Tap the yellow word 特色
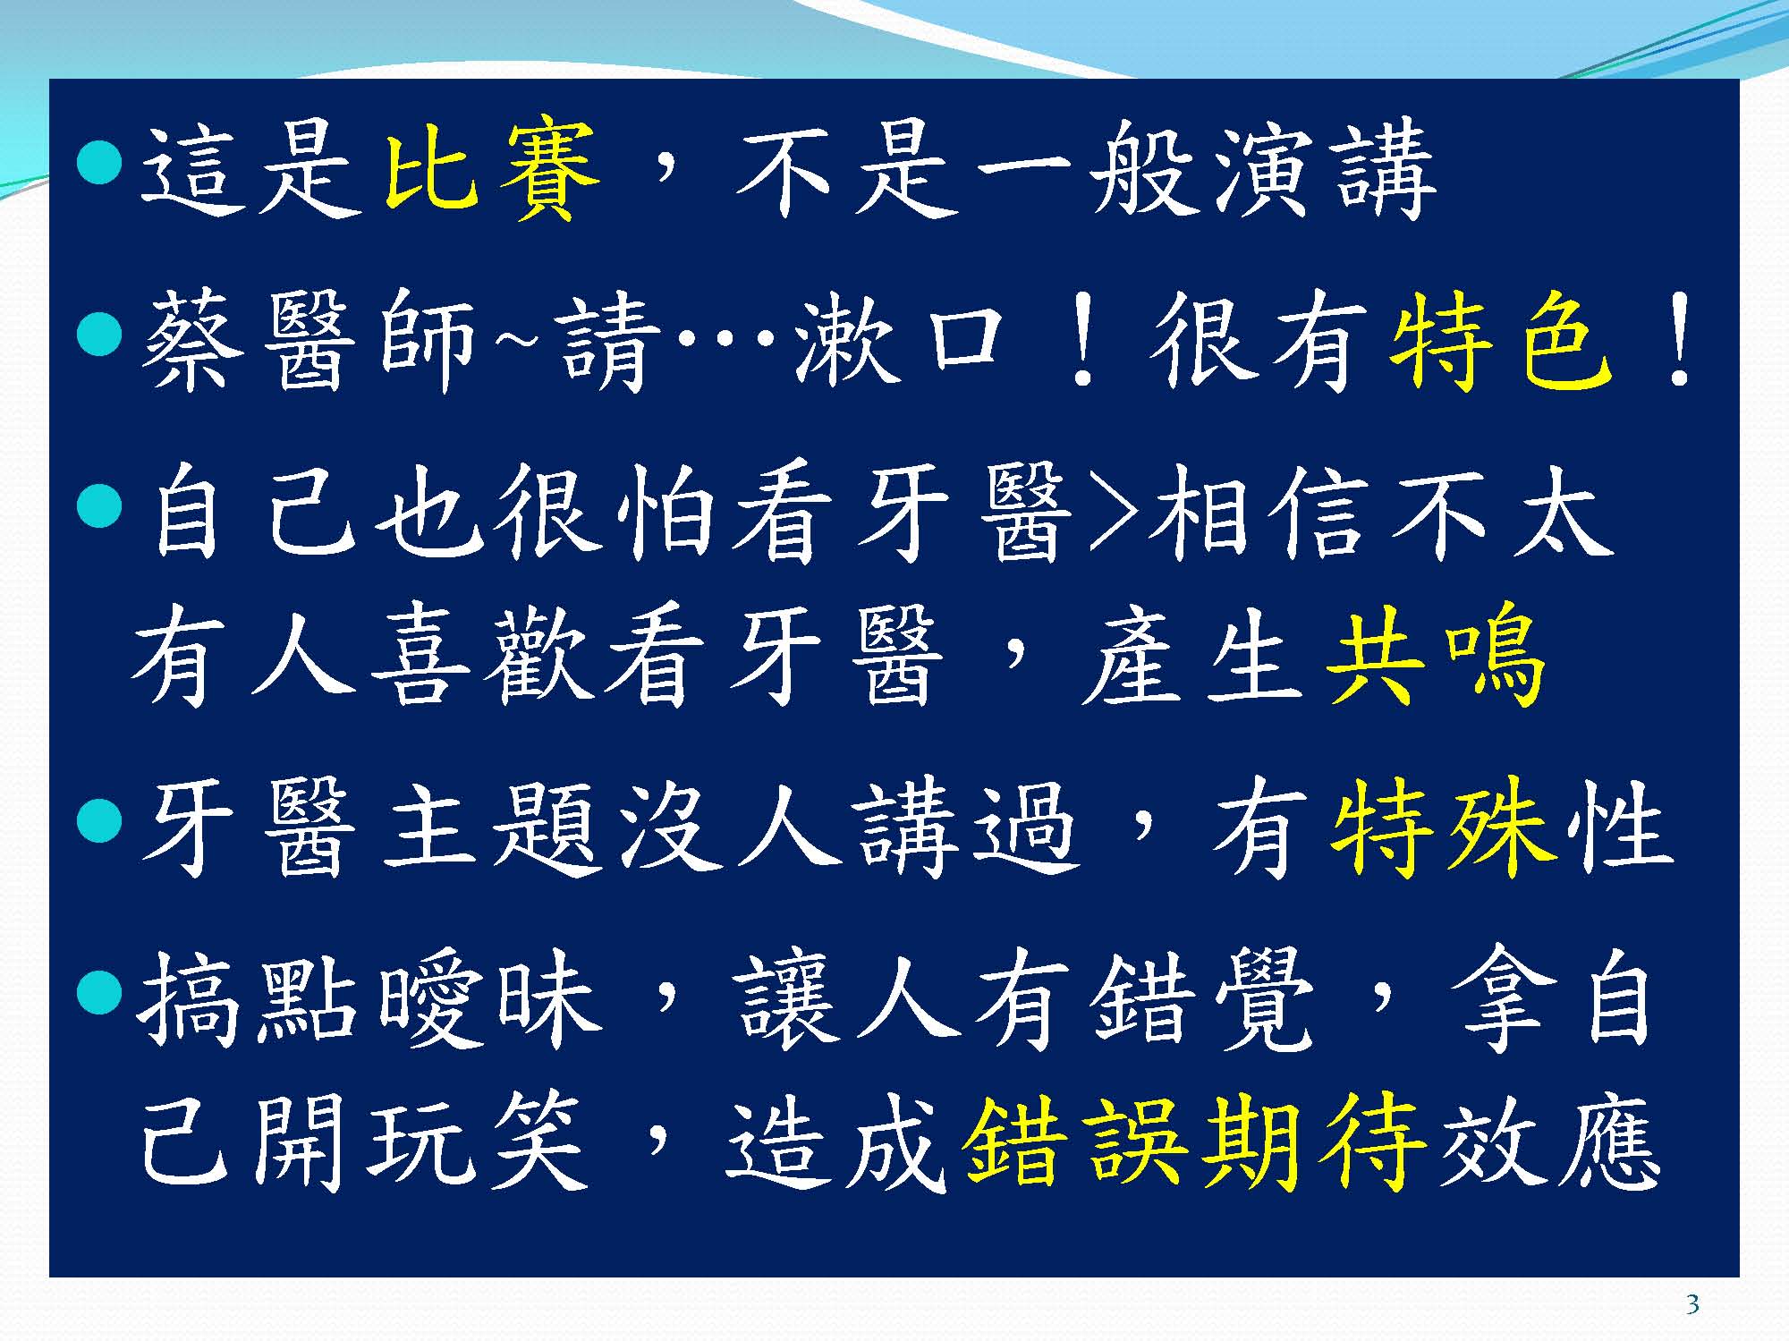(x=1502, y=344)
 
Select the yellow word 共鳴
(x=1436, y=655)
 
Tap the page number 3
(x=1691, y=1305)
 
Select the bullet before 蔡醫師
(x=99, y=335)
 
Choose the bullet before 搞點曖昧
(x=99, y=990)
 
